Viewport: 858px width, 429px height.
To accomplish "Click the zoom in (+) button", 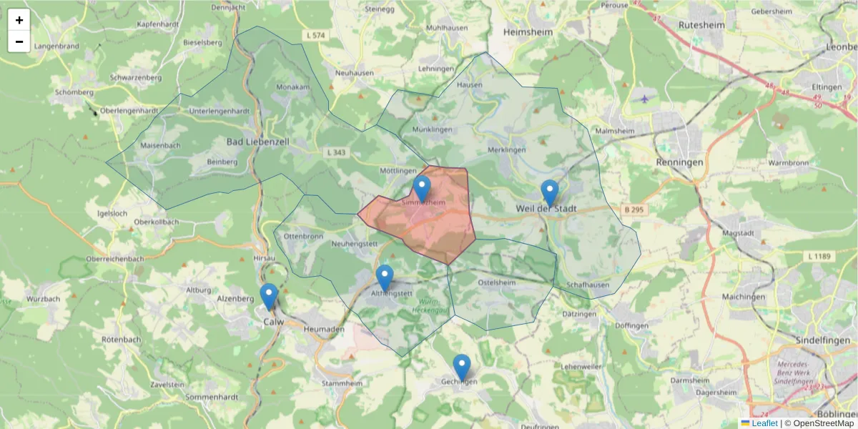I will coord(19,20).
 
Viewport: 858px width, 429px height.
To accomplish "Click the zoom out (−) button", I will coord(19,41).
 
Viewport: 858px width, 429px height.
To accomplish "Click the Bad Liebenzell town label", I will coord(257,142).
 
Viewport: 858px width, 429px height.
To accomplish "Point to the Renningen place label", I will coord(679,162).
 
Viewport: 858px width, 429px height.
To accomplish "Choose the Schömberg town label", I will coord(74,92).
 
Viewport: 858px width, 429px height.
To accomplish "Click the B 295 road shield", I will coord(633,209).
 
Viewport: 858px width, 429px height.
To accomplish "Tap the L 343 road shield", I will coord(335,152).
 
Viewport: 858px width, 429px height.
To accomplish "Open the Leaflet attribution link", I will coord(764,423).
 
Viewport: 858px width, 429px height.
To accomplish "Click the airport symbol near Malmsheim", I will coord(646,99).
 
